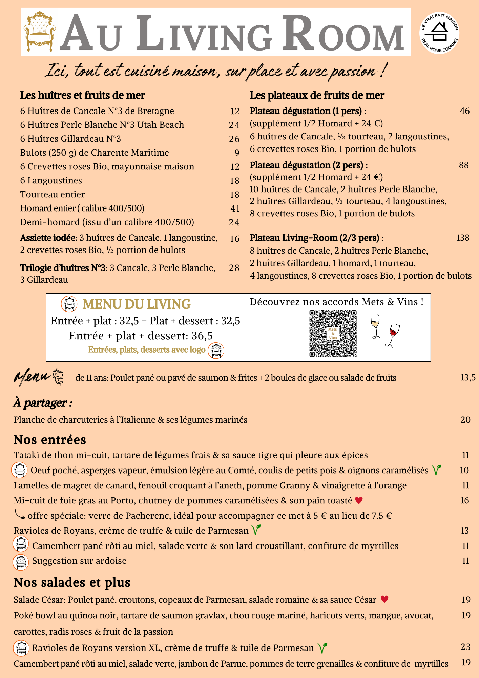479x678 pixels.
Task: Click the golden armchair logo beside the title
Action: (x=40, y=32)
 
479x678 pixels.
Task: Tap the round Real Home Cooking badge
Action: (x=439, y=33)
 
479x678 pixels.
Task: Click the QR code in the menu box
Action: (x=333, y=334)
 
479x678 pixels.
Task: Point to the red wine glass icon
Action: (x=392, y=335)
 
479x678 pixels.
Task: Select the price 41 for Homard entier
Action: (x=235, y=208)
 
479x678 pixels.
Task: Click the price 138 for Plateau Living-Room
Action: (x=463, y=238)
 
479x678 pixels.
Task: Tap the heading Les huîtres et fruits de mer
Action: (x=82, y=96)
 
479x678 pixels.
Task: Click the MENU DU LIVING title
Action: (x=136, y=304)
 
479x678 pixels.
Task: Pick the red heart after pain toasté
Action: (x=359, y=500)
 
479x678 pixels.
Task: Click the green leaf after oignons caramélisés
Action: (x=436, y=470)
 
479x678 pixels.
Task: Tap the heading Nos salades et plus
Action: (x=72, y=582)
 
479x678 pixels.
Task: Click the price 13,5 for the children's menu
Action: (x=467, y=378)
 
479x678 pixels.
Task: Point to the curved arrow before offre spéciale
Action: (x=20, y=515)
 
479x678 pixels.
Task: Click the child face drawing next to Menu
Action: (x=58, y=376)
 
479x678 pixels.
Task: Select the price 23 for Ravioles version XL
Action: (x=465, y=647)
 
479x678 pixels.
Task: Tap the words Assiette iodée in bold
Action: (x=49, y=238)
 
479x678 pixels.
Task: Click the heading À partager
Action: (x=43, y=403)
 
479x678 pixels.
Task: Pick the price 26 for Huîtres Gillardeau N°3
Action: (x=234, y=139)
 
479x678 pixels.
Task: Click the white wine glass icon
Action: (x=375, y=326)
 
